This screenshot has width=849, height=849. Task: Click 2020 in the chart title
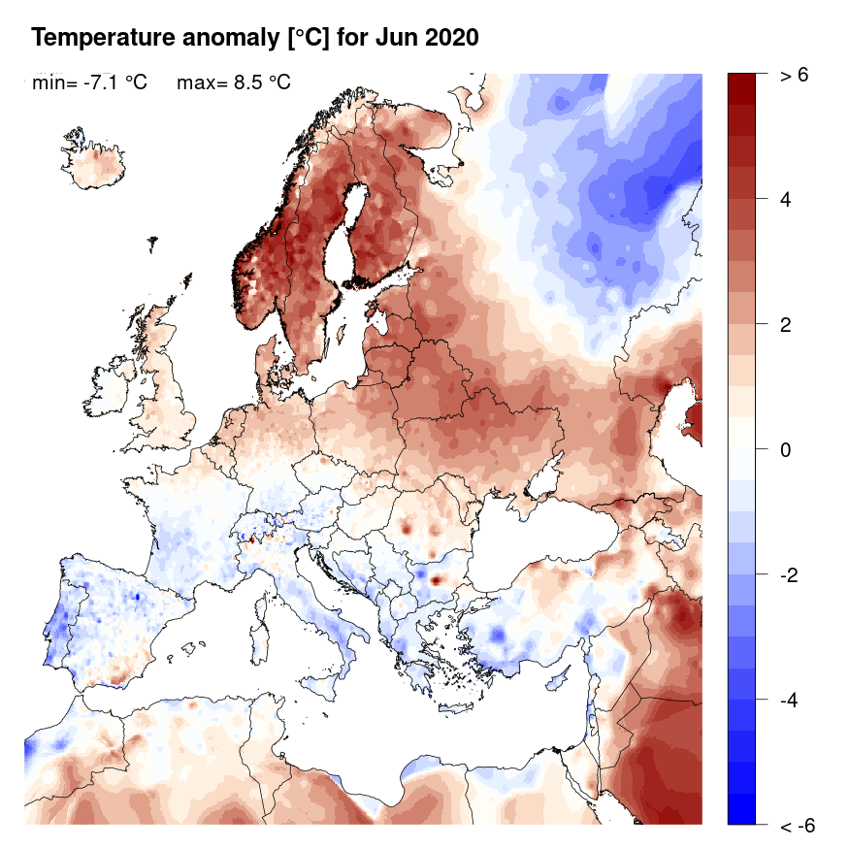coord(448,38)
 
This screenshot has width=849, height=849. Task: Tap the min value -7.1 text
coord(114,83)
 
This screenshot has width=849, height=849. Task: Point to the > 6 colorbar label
coord(793,76)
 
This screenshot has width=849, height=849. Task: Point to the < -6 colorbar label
coord(796,826)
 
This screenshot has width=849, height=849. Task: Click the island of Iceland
coord(97,165)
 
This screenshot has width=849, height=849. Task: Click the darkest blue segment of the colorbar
coord(740,809)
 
